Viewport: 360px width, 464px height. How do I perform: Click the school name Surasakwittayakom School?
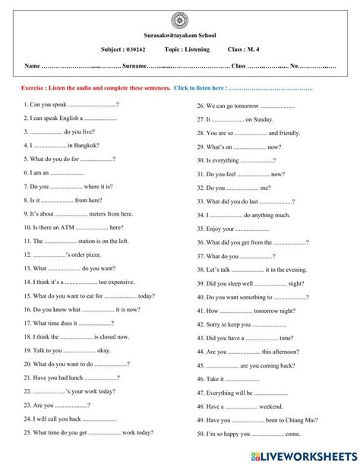[x=179, y=35]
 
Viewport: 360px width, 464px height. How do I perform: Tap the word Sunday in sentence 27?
[x=257, y=119]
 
